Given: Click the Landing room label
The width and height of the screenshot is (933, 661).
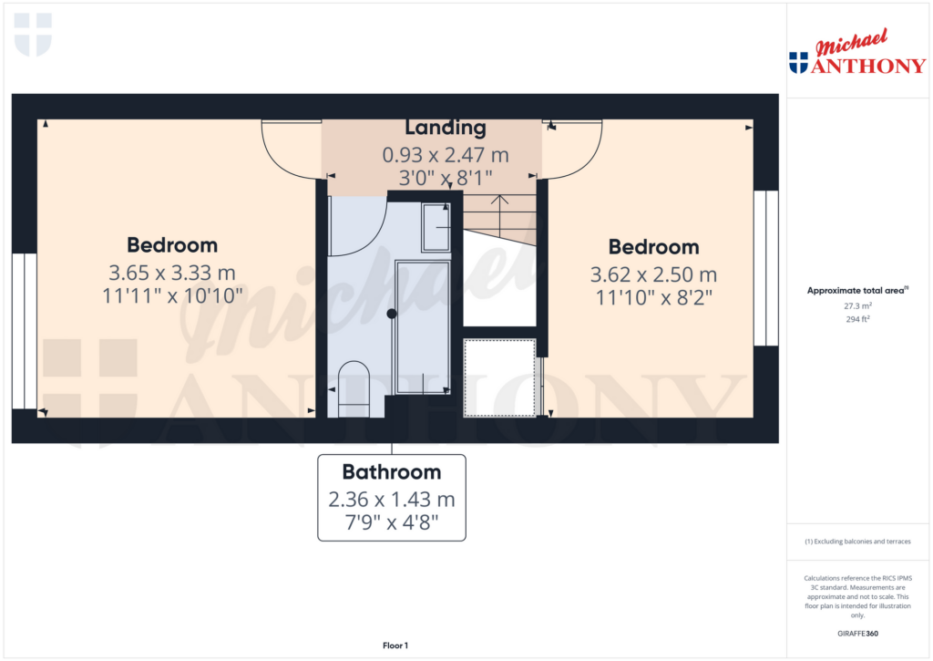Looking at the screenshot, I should [x=446, y=128].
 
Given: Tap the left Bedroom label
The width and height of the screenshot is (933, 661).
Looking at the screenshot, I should [x=172, y=244].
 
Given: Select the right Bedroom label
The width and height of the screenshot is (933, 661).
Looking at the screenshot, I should [x=653, y=246].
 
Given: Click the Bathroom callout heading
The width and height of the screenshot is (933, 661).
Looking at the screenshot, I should [x=392, y=472].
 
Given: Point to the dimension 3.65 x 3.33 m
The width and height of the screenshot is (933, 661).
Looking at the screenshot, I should [x=172, y=272].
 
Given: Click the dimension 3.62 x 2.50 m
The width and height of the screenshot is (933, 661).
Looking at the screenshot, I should [x=653, y=274].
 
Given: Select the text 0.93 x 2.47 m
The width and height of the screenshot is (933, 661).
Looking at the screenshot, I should [x=446, y=155].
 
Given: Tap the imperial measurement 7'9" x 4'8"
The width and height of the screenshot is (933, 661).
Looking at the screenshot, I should [x=392, y=525].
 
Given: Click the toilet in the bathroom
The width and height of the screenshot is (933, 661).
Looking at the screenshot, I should [x=354, y=388].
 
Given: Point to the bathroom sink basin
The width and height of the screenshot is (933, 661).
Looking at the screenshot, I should [x=436, y=227].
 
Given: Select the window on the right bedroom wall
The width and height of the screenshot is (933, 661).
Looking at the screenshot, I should [x=766, y=268].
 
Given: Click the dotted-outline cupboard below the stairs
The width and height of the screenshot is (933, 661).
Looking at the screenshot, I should [x=499, y=377].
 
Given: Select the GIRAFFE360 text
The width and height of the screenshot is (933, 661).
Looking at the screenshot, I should [x=859, y=634].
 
